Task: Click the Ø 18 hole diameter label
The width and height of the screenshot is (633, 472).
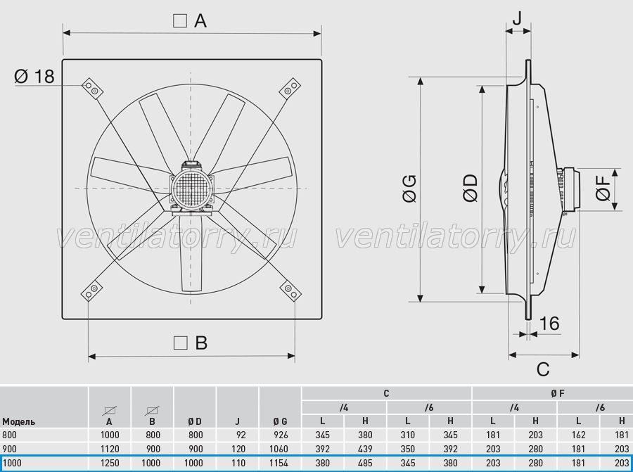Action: [34, 76]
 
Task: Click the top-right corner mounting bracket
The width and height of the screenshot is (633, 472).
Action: [290, 89]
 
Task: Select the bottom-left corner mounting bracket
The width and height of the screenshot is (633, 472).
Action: [91, 291]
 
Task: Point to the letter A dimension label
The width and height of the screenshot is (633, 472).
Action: [200, 20]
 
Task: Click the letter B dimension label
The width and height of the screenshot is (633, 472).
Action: [201, 343]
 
